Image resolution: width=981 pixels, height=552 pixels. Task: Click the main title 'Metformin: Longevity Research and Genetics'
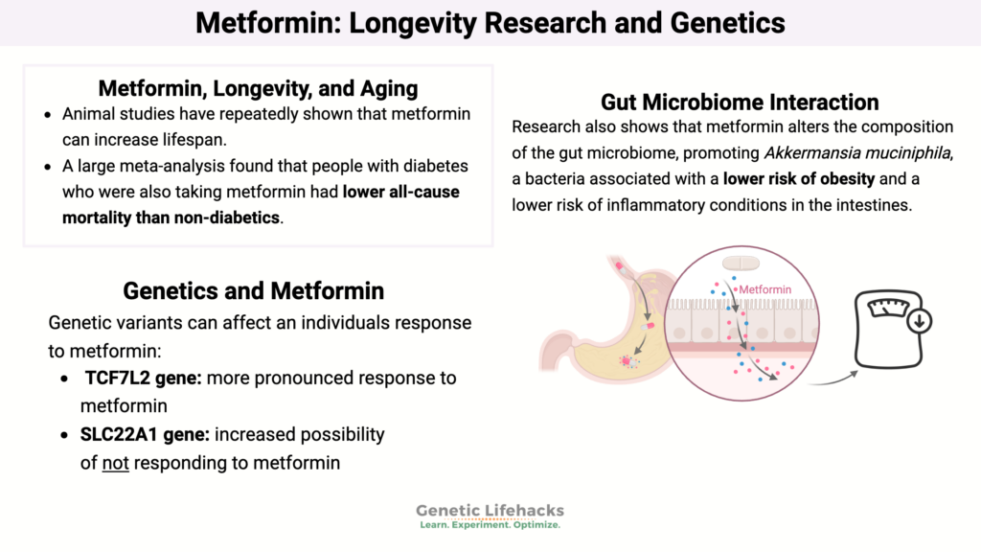coord(490,22)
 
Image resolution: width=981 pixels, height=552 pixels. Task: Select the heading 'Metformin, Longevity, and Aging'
coord(258,89)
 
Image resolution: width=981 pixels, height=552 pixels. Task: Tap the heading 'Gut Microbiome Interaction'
coord(740,102)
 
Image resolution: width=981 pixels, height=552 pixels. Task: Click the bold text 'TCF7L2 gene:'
coord(143,378)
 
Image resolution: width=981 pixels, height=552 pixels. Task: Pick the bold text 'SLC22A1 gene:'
coord(145,434)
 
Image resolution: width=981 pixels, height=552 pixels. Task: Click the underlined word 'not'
coord(116,463)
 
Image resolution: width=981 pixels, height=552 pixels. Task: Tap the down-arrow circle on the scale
coord(919,321)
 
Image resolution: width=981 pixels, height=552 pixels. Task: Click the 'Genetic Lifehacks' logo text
coord(490,510)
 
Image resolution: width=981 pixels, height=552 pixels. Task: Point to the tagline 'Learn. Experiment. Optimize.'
coord(490,525)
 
